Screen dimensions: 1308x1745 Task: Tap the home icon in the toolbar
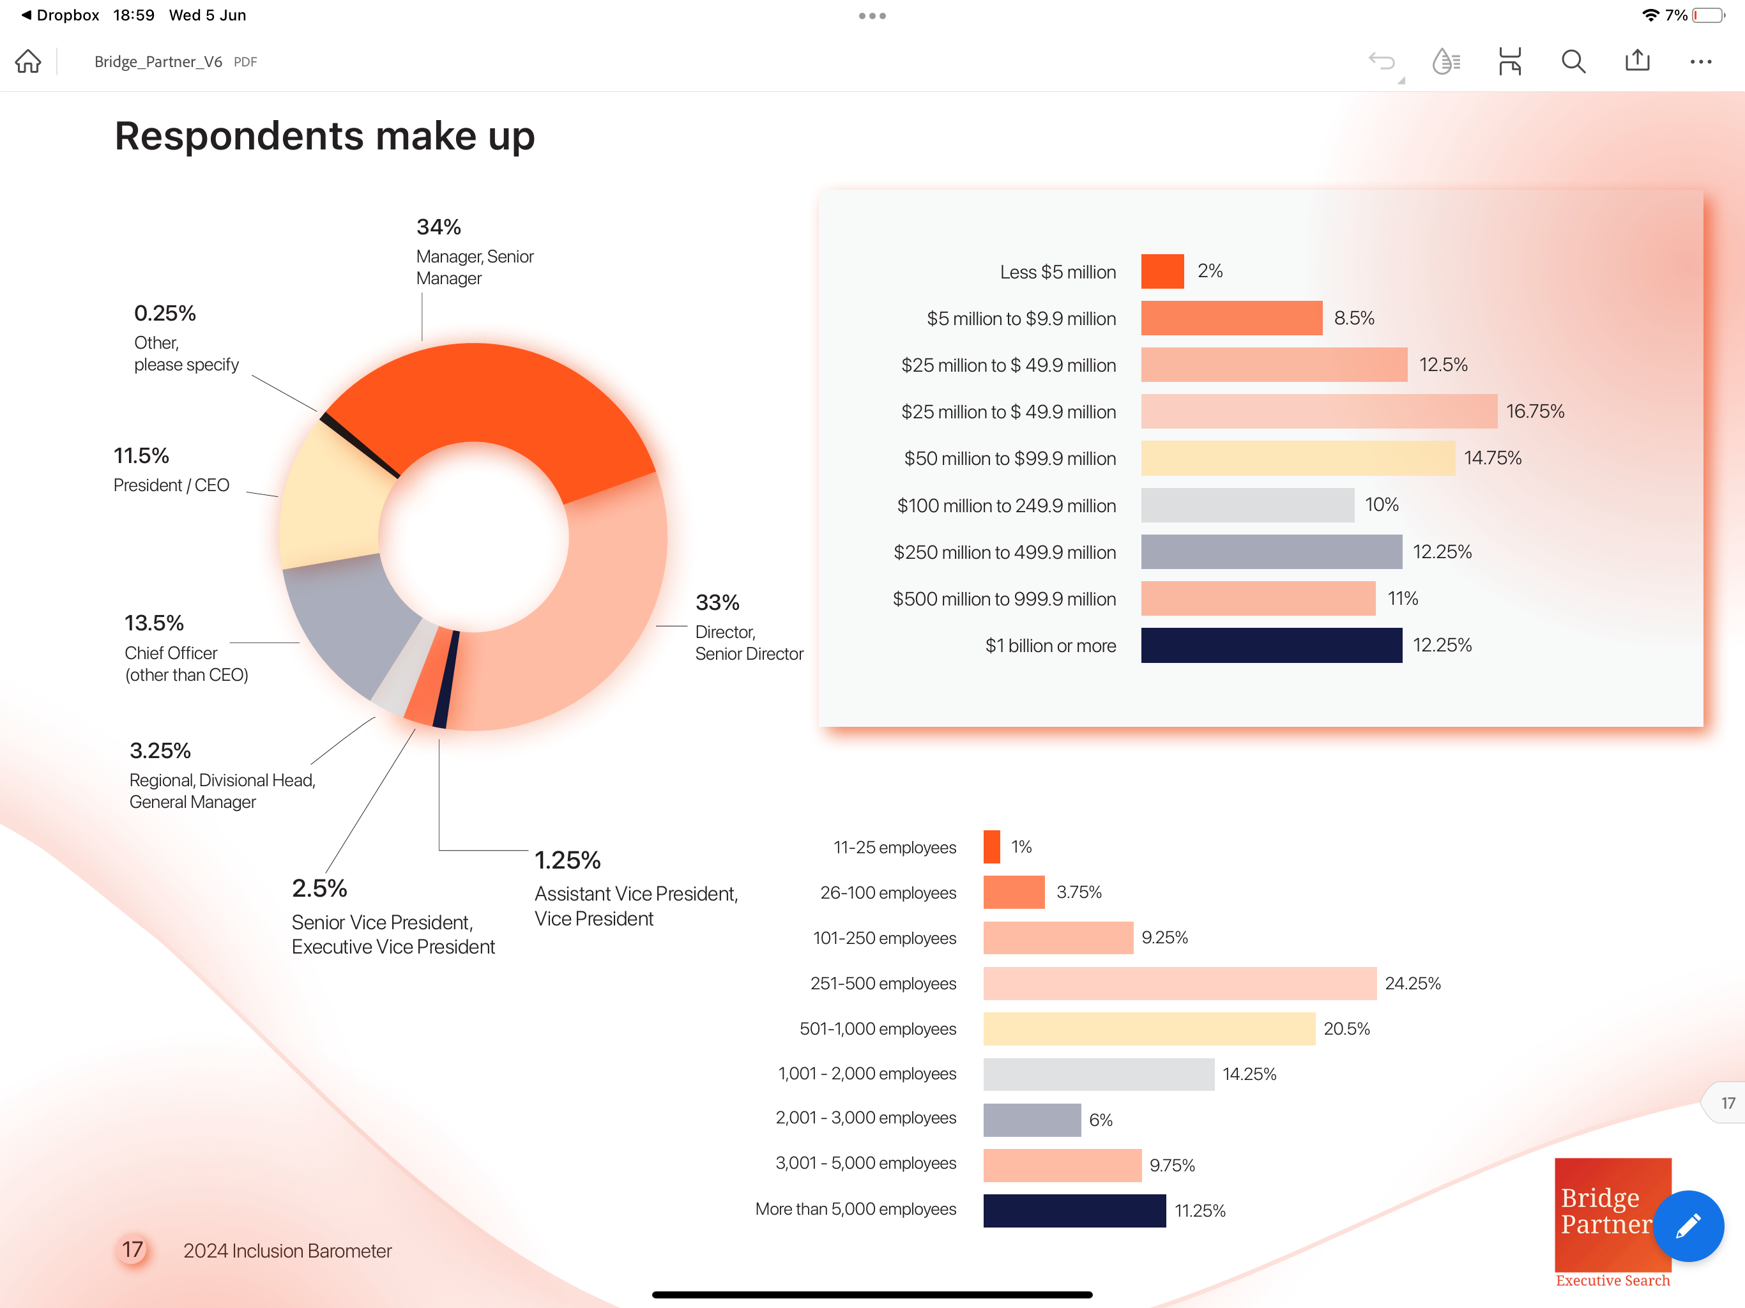click(28, 61)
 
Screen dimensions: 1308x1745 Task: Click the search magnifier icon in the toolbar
click(1573, 61)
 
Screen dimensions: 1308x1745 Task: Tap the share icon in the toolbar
click(1637, 61)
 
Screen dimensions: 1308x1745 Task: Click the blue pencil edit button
click(1688, 1225)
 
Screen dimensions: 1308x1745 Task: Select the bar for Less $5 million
click(1161, 271)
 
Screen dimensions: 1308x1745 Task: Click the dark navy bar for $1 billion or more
click(1271, 645)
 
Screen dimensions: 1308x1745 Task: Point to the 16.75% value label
click(1534, 411)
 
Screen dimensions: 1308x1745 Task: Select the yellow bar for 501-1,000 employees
click(1148, 1029)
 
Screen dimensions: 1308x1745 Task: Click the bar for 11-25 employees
click(991, 846)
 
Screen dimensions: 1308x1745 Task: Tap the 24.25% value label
click(1412, 983)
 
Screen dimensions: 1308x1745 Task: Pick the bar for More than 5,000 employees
click(1074, 1210)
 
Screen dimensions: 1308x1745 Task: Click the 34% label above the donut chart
click(439, 227)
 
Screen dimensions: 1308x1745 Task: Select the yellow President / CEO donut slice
click(331, 497)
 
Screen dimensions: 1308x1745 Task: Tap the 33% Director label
click(717, 603)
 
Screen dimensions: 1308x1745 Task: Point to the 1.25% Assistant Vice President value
click(567, 860)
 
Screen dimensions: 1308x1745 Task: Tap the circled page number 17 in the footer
click(132, 1250)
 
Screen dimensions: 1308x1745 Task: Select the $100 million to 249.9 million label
click(1006, 506)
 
